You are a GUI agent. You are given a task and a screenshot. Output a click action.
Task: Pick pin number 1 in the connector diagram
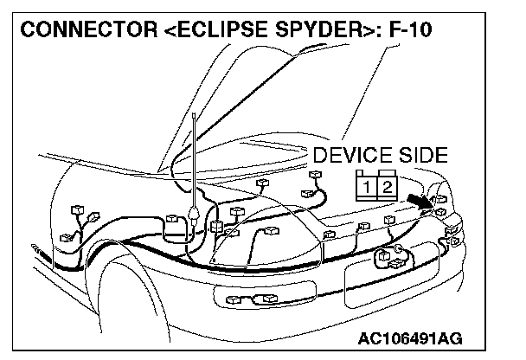click(x=369, y=186)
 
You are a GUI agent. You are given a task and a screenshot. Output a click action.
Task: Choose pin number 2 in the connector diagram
click(x=388, y=186)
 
